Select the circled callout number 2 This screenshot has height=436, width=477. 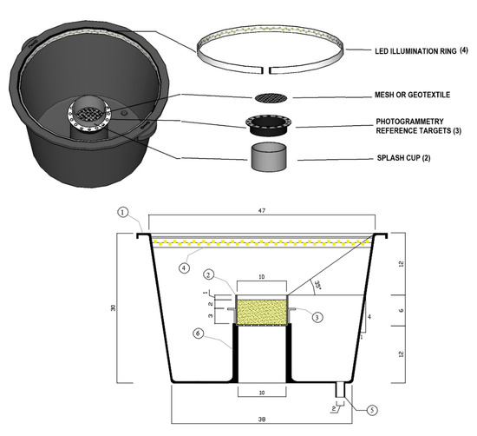[209, 274]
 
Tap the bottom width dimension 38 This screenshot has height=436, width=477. [261, 415]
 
